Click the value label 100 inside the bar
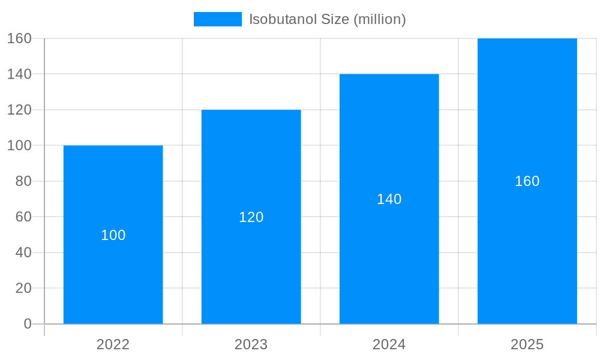[113, 235]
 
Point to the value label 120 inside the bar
[251, 217]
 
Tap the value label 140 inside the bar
[389, 199]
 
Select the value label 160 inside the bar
[527, 181]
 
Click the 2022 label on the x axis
[113, 344]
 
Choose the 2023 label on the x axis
[251, 344]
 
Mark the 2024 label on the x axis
[389, 344]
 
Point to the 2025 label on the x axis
[527, 344]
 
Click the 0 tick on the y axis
[28, 324]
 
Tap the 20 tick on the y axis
[23, 288]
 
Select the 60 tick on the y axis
[23, 217]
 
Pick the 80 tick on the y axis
[23, 181]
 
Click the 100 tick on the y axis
[19, 145]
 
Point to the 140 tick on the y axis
[19, 74]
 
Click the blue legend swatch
[217, 19]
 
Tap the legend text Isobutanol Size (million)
[328, 19]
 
